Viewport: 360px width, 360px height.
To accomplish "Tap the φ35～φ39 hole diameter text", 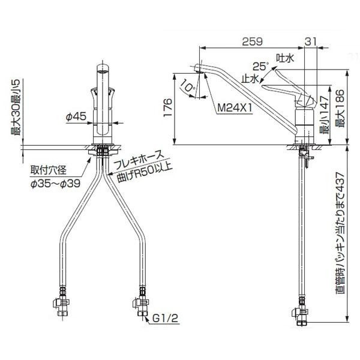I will point(55,183).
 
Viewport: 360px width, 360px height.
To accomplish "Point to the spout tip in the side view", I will point(200,67).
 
